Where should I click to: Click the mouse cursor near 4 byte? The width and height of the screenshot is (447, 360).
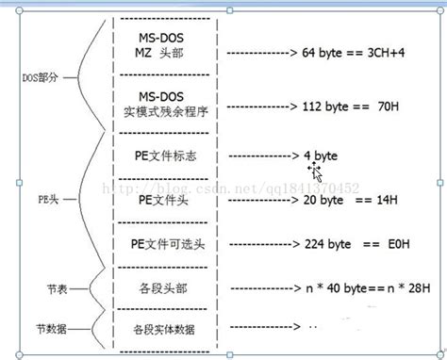click(x=317, y=172)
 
